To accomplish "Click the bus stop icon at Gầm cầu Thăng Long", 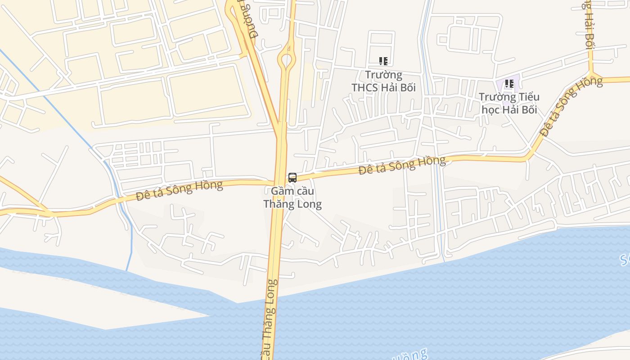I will click(x=292, y=177).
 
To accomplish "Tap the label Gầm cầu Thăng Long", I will click(x=292, y=198).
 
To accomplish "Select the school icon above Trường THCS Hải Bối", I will click(x=383, y=61).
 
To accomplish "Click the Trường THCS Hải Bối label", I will click(x=383, y=81).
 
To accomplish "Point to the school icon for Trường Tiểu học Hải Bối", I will click(x=509, y=84).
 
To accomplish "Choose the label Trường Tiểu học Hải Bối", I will click(x=509, y=103).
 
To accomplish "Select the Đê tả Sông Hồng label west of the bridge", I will click(x=180, y=190).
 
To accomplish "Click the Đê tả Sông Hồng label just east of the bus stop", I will click(x=402, y=165).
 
